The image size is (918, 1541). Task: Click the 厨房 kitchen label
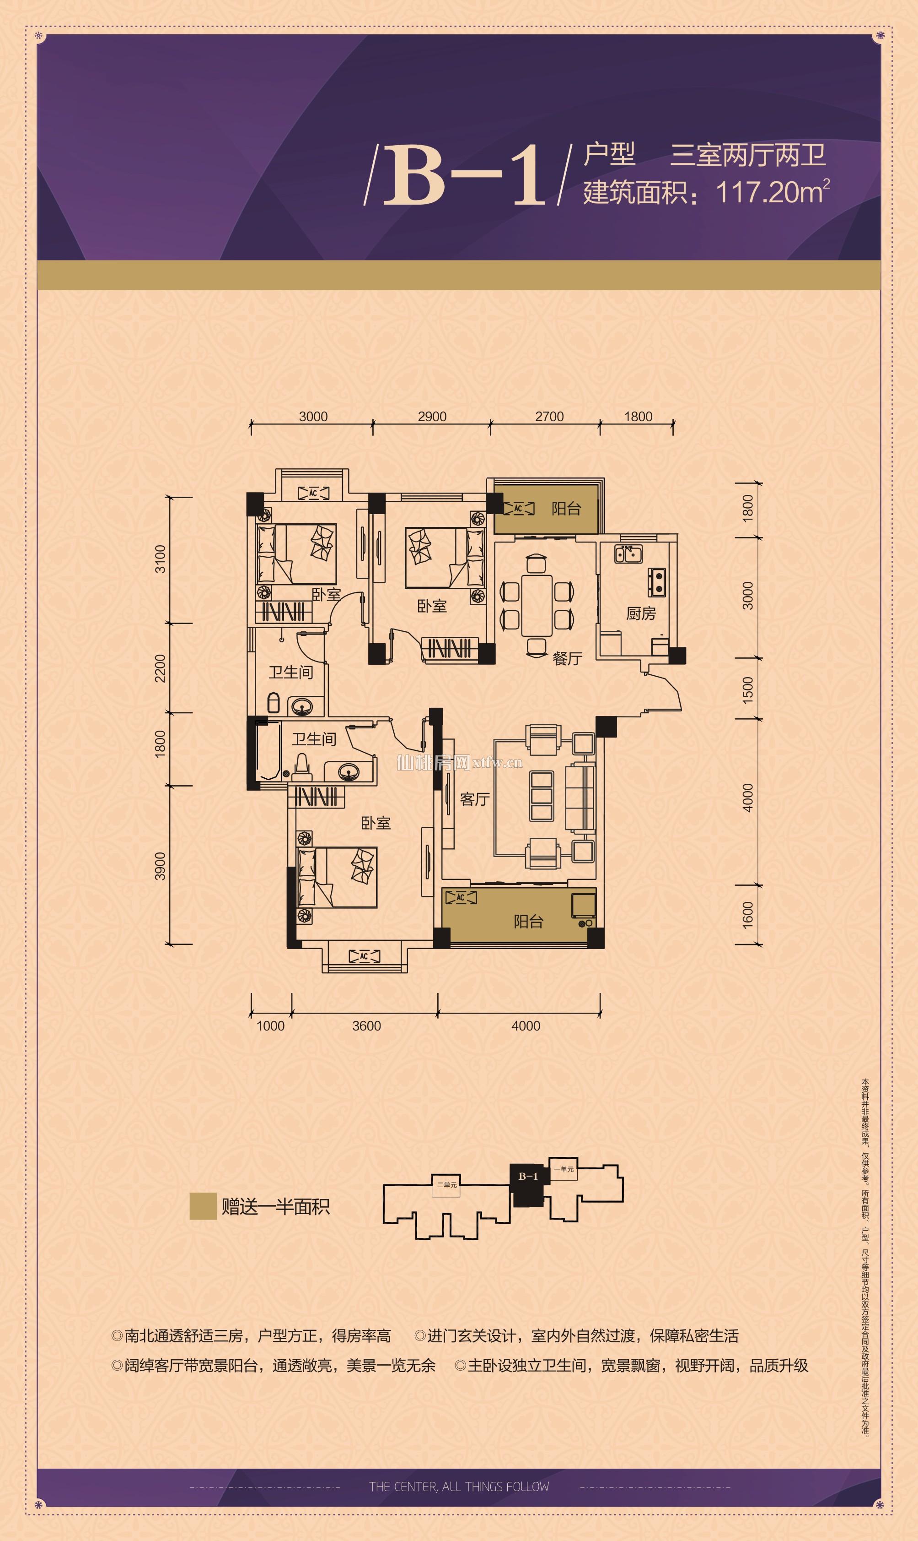click(640, 613)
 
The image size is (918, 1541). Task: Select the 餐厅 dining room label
click(567, 658)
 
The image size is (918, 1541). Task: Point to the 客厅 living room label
click(475, 799)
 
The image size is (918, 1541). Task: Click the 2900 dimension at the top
click(432, 417)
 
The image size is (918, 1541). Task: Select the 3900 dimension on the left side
click(160, 866)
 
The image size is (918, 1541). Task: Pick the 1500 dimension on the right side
click(748, 690)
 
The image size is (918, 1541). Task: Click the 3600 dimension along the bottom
click(366, 1026)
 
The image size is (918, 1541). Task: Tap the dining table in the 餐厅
click(537, 606)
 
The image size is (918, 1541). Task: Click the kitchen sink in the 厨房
click(628, 553)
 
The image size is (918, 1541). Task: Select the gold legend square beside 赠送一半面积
click(203, 1206)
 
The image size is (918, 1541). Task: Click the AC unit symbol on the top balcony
click(518, 509)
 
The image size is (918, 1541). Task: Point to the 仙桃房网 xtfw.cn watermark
click(460, 763)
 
